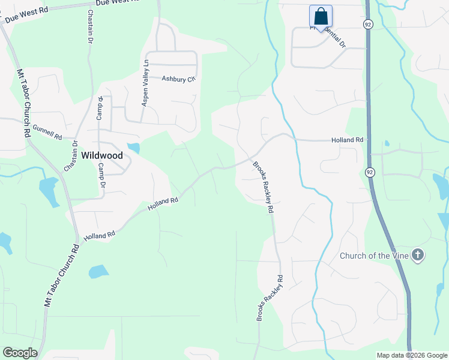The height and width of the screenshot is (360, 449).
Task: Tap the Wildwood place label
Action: (x=102, y=155)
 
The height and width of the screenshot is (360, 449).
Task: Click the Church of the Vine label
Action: (x=374, y=256)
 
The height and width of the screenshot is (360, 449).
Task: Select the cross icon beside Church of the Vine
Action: (x=418, y=256)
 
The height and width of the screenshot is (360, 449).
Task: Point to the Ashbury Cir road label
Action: (x=179, y=79)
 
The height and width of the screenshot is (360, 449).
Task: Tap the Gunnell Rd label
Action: (x=47, y=132)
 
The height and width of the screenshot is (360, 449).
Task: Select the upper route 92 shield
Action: (x=367, y=23)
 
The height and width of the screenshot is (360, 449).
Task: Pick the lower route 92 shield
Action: (x=369, y=172)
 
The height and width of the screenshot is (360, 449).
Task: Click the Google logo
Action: (x=20, y=353)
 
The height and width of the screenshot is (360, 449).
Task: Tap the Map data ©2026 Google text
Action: (x=412, y=355)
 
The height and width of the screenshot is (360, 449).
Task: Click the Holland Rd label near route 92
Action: (x=348, y=140)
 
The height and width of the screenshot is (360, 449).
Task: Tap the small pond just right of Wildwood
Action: (x=134, y=148)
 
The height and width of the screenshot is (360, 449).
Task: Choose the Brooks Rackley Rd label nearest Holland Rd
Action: (x=263, y=187)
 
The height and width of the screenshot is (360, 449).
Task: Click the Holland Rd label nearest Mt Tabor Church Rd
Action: (x=99, y=236)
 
